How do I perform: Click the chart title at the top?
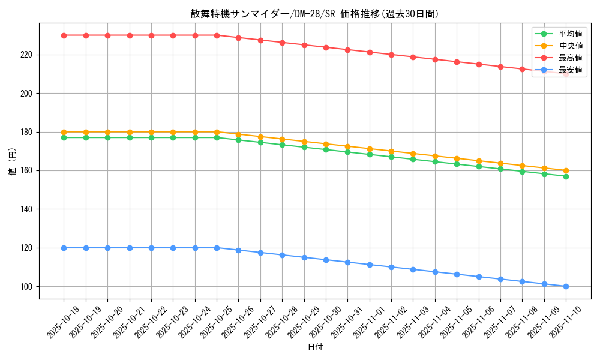(x=314, y=14)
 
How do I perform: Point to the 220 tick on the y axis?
(x=28, y=55)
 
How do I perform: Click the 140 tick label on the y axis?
(x=28, y=209)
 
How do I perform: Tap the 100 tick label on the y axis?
(x=28, y=287)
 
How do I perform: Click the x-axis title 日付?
(x=315, y=347)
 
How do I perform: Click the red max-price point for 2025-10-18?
(x=64, y=35)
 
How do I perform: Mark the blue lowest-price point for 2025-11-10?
(x=566, y=286)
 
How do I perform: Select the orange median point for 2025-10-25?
(x=217, y=132)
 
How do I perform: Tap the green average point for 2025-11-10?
(x=566, y=176)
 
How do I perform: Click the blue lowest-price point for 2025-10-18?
(x=64, y=248)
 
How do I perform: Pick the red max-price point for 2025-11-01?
(x=370, y=52)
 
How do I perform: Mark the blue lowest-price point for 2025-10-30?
(x=326, y=260)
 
